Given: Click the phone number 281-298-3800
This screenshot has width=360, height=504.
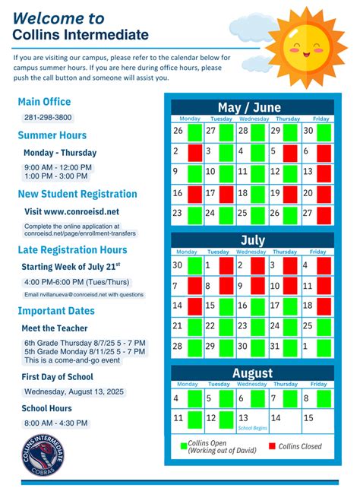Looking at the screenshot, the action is (x=48, y=118).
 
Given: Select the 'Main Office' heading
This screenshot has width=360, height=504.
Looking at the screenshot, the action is (x=44, y=102).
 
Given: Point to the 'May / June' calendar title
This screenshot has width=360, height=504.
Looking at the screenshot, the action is (x=250, y=107).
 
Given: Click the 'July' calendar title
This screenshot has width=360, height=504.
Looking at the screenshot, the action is (x=252, y=240).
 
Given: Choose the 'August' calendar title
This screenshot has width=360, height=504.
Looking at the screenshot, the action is (x=251, y=373).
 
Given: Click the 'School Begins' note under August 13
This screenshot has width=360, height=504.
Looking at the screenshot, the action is (x=252, y=428).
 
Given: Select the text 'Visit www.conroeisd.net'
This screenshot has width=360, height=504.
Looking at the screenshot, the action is (x=71, y=211).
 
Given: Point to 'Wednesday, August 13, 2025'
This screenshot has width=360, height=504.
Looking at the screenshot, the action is (x=74, y=391).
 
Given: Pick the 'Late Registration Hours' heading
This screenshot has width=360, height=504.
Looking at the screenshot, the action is (x=72, y=249).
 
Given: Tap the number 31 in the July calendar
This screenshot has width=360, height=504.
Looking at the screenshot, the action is (x=273, y=345).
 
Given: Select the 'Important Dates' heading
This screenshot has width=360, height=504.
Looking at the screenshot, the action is (x=56, y=311).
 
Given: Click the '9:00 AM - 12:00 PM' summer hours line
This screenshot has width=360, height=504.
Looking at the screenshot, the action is (x=58, y=167).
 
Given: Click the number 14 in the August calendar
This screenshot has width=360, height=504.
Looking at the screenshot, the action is (x=274, y=417).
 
